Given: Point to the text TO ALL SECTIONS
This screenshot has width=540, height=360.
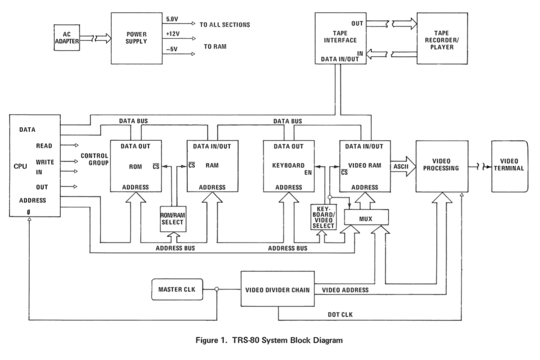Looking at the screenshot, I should point(225,25).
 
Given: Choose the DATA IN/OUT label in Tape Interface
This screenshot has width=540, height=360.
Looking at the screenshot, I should point(343,60).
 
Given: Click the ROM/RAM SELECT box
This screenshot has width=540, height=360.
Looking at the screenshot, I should point(173,218).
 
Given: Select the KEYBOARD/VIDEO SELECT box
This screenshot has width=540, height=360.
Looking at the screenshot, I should point(323,217).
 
